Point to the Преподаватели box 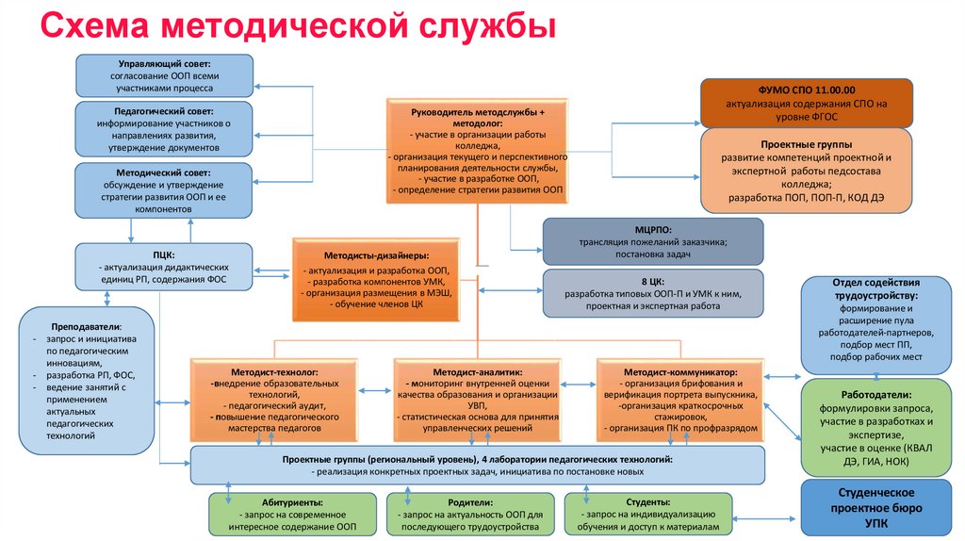coord(86,376)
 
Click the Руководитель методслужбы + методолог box coord(478,150)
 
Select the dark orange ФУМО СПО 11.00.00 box coord(807,103)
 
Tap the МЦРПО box coord(653,241)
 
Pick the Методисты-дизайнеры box coord(376,273)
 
